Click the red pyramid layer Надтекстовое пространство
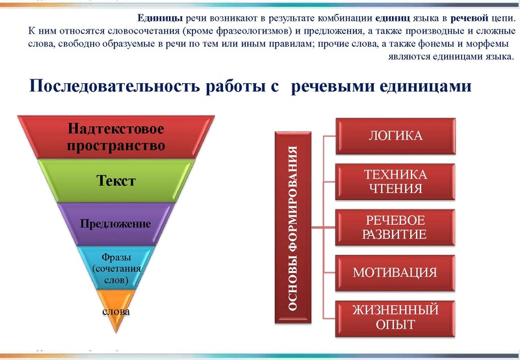116,136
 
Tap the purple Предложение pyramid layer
116,224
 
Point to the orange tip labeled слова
116,311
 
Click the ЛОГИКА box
395,136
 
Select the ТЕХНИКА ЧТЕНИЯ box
395,182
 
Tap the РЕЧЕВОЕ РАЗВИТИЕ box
395,227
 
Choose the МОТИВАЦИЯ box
395,272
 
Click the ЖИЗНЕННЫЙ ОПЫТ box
395,316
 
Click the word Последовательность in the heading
107,86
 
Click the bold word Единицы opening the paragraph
162,18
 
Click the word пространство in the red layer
116,145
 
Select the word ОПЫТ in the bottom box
395,324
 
